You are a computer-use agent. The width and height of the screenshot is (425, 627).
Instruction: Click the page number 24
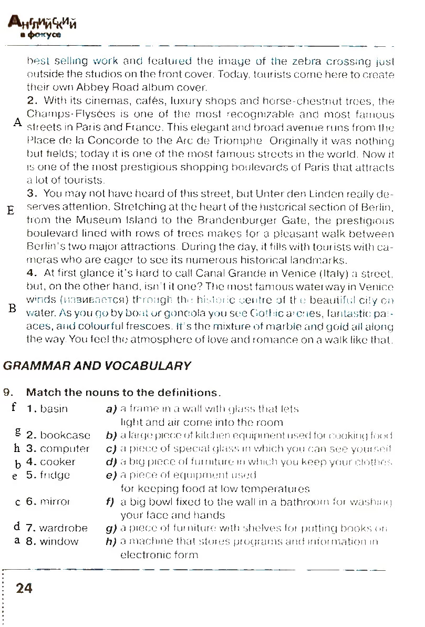24,588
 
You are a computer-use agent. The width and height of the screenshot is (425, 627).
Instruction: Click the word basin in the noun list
54,408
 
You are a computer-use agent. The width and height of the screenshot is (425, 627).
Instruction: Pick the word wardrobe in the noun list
64,528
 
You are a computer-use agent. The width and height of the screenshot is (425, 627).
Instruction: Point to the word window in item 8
59,541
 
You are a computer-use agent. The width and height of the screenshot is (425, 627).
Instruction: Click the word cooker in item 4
58,462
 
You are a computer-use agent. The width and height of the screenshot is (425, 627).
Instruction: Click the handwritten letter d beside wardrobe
17,526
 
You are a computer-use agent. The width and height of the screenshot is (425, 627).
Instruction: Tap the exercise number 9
7,392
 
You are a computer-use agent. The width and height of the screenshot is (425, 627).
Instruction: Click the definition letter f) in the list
110,502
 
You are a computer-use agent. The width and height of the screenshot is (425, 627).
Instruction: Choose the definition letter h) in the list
110,541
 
